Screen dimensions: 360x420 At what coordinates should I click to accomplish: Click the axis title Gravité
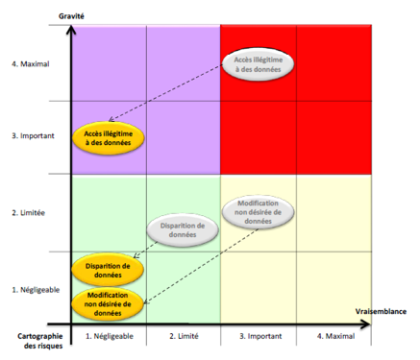[x=71, y=14]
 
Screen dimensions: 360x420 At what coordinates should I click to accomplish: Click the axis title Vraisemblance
[x=382, y=312]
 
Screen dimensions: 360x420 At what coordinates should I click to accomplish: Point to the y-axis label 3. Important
[x=34, y=136]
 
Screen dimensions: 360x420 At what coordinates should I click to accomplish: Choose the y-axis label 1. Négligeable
[x=36, y=289]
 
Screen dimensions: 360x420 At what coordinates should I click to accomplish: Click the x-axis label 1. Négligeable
[x=109, y=336]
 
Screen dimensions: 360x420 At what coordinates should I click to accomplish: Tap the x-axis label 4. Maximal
[x=333, y=336]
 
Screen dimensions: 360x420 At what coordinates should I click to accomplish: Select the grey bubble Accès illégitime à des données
[x=259, y=65]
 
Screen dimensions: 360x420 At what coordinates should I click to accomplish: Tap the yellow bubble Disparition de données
[x=108, y=271]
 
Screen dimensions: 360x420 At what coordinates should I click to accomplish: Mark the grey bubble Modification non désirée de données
[x=258, y=212]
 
